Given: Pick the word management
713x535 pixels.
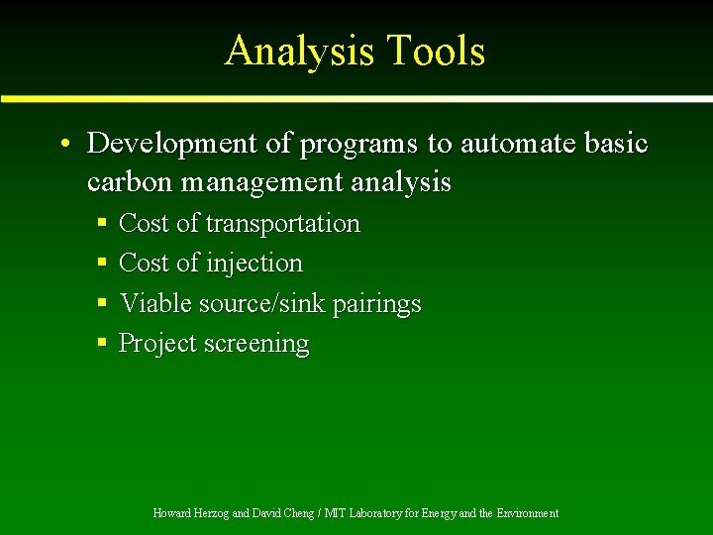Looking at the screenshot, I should [x=250, y=183].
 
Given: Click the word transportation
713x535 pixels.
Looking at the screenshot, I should [x=282, y=224].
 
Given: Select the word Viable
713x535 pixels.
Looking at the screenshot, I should [x=155, y=303].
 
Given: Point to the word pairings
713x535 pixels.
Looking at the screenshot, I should [x=377, y=304].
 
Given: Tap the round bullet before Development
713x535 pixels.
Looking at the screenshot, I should [x=62, y=145].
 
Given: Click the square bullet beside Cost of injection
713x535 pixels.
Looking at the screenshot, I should [x=102, y=264].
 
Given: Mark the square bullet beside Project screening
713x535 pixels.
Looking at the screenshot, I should [x=102, y=344].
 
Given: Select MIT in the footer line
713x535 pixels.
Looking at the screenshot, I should [x=336, y=513].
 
